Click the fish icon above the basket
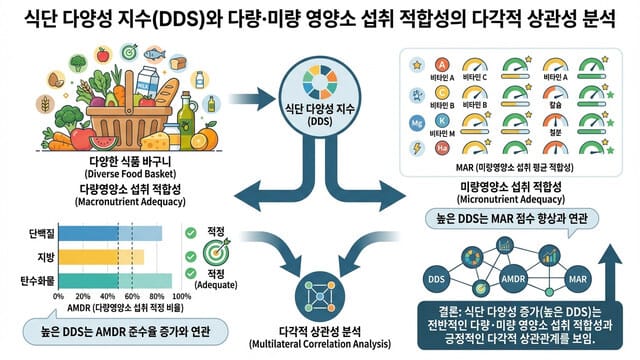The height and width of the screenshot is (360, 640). [x=155, y=53]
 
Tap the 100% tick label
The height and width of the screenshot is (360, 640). [x=180, y=297]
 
